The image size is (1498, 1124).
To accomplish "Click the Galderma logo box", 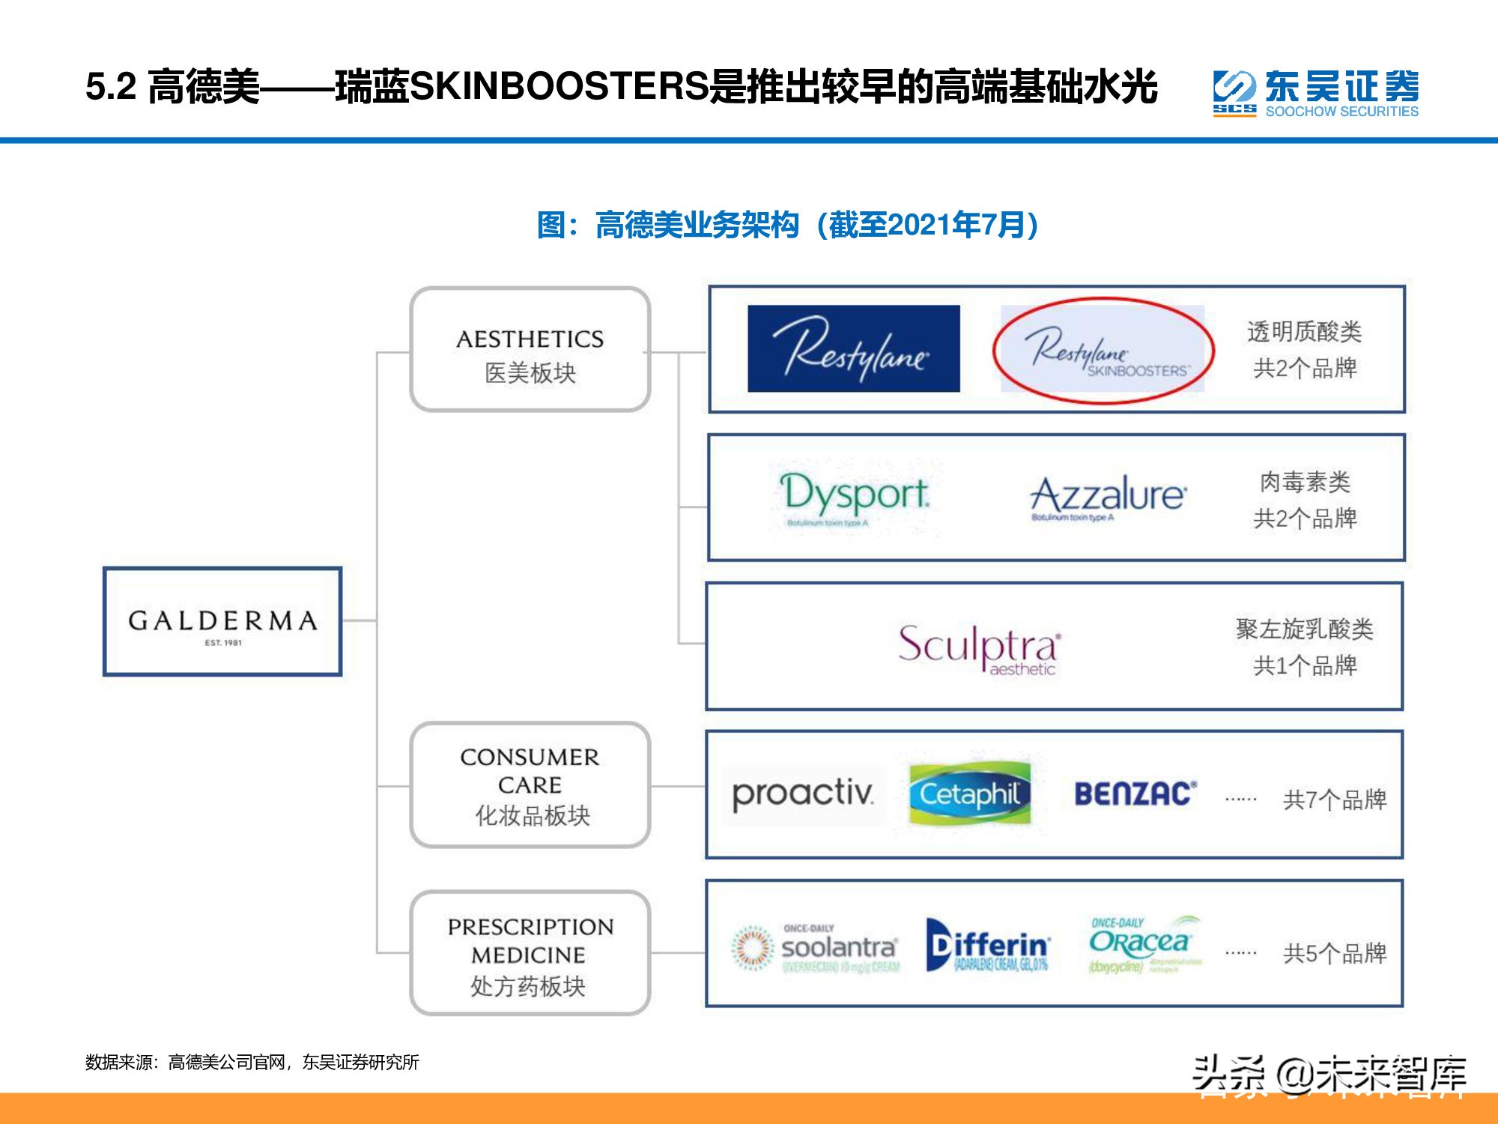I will pyautogui.click(x=222, y=622).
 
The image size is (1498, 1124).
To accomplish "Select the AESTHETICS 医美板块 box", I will pyautogui.click(x=530, y=350).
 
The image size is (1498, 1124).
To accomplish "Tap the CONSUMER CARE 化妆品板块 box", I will pyautogui.click(x=530, y=785).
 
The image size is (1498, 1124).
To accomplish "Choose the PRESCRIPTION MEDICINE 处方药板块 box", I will pyautogui.click(x=530, y=953).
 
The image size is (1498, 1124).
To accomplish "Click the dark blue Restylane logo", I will pyautogui.click(x=853, y=348).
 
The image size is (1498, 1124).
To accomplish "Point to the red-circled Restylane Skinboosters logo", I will pyautogui.click(x=1103, y=351).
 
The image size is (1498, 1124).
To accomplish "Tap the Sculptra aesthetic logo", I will pyautogui.click(x=979, y=647).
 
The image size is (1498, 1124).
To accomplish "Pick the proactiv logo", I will pyautogui.click(x=803, y=794).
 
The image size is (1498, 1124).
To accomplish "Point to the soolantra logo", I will pyautogui.click(x=816, y=947).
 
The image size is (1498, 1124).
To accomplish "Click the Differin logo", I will pyautogui.click(x=988, y=946).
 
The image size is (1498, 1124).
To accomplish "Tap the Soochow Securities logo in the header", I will pyautogui.click(x=1315, y=94).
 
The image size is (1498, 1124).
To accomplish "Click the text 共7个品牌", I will pyautogui.click(x=1335, y=800).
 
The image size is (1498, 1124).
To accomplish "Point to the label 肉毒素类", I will pyautogui.click(x=1305, y=482).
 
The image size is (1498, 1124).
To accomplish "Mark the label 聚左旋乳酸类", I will pyautogui.click(x=1304, y=629).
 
